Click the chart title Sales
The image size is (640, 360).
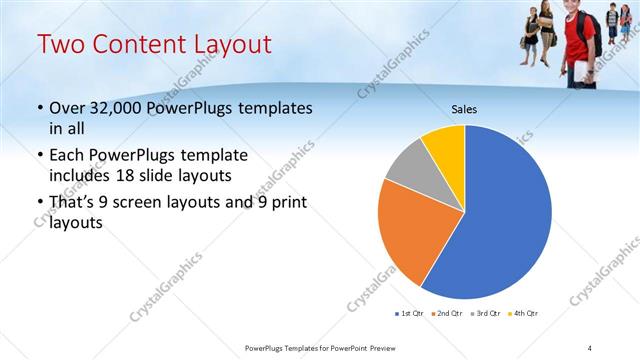(464, 108)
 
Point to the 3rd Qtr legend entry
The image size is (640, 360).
(487, 314)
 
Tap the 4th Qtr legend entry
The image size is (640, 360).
(525, 314)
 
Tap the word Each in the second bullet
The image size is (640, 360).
(66, 156)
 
